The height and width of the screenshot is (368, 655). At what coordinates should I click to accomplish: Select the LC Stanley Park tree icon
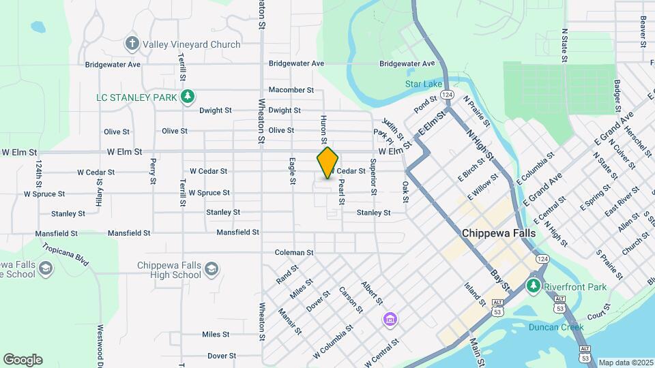click(x=188, y=97)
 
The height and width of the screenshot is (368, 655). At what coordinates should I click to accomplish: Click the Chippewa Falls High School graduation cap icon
click(x=212, y=269)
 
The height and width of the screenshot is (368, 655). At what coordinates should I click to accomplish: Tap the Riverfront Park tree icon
click(x=534, y=286)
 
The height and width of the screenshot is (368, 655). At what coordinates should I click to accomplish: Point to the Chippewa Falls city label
click(x=499, y=232)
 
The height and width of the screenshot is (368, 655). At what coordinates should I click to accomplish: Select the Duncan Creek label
click(x=556, y=327)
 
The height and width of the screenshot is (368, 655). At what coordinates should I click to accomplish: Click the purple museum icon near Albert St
click(x=390, y=319)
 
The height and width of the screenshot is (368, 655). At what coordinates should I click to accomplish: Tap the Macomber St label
click(x=291, y=90)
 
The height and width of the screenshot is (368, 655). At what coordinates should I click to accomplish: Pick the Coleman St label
click(x=294, y=253)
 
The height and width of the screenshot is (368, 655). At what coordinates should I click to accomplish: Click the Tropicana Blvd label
click(x=65, y=255)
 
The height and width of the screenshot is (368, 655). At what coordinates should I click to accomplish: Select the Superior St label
click(x=373, y=176)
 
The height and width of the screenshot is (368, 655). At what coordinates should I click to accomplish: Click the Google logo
click(x=23, y=359)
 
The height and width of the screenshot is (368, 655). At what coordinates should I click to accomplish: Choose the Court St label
click(x=597, y=311)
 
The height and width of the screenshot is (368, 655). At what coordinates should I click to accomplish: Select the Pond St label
click(x=424, y=105)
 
